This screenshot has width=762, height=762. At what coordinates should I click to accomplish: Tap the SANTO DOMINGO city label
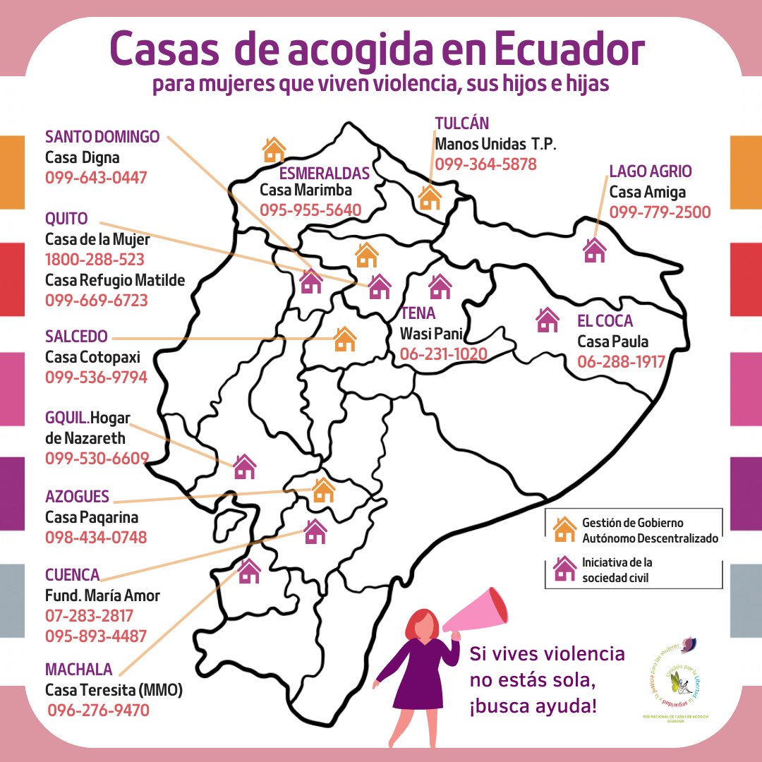point(102,136)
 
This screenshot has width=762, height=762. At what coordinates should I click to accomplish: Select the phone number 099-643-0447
point(96,177)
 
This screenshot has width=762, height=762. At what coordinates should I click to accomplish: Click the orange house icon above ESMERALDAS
point(274,150)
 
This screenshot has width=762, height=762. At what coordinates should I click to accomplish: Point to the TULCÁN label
point(461,123)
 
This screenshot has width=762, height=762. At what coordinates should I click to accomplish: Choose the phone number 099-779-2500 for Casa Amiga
point(660,212)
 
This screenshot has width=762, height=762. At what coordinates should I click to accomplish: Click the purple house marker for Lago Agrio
point(594,250)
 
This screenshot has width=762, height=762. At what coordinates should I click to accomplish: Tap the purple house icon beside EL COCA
point(547,320)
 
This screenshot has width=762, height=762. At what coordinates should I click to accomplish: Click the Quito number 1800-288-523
point(95,259)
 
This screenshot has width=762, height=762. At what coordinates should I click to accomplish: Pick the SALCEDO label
point(76,336)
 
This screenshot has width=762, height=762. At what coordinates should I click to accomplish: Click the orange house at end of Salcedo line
point(344,339)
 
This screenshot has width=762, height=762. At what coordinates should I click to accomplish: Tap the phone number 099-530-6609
point(96,459)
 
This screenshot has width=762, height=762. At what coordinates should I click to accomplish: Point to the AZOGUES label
point(77,497)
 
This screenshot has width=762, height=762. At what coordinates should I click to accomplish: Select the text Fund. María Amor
point(102,595)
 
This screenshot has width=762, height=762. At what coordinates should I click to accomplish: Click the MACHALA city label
point(78,669)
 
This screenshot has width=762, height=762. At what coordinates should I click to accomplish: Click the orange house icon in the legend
point(564,529)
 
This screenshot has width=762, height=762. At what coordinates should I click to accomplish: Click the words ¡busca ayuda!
point(533,706)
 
